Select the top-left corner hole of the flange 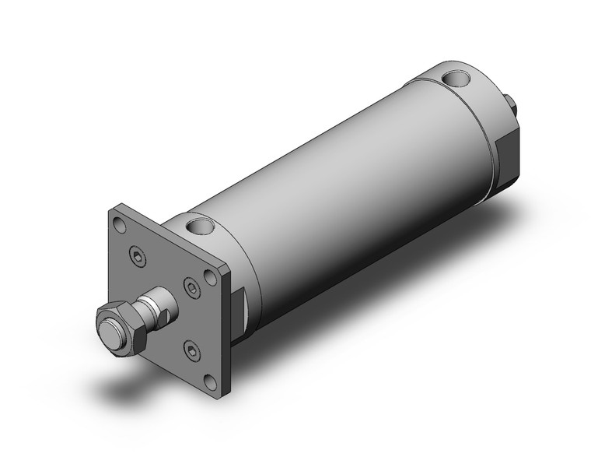[118, 226]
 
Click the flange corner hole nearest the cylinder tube [209, 277]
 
